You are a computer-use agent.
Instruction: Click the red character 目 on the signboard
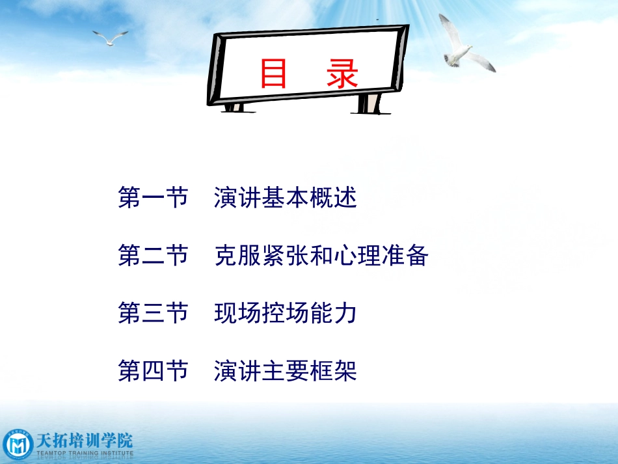tap(274, 74)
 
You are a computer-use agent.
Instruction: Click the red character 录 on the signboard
tap(343, 74)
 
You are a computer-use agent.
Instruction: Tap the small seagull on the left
tap(110, 37)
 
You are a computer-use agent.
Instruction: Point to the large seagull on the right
tap(463, 47)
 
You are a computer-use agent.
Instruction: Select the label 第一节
tap(153, 198)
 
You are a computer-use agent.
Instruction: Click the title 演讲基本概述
tap(286, 198)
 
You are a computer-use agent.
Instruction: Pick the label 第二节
tap(153, 256)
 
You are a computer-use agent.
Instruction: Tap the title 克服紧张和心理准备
tap(321, 256)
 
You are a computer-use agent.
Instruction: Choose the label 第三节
tap(153, 314)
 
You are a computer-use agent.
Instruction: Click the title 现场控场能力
tap(286, 314)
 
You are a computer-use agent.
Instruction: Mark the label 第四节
tap(153, 372)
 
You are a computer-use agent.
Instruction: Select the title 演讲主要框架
tap(286, 372)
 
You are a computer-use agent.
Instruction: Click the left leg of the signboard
tap(235, 106)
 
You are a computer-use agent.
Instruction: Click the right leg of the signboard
tap(369, 103)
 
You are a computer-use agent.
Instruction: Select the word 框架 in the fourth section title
tap(339, 372)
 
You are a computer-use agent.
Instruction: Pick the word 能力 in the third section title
tap(339, 314)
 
